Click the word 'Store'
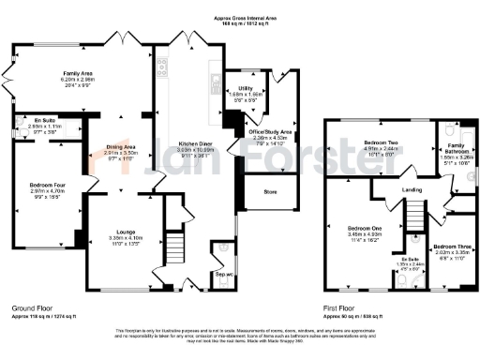[x=271, y=192]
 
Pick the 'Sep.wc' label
[x=224, y=275]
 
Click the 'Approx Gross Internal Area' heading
[x=238, y=17]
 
